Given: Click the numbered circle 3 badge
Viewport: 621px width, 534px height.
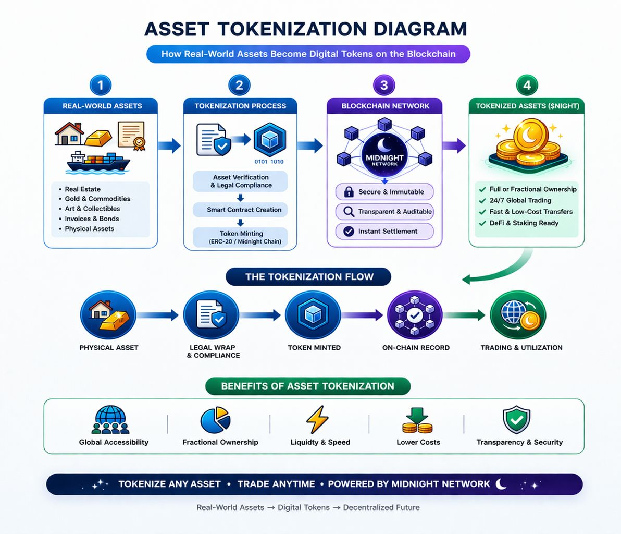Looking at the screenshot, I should (x=384, y=85).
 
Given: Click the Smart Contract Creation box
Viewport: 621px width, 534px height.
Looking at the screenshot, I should (x=240, y=210).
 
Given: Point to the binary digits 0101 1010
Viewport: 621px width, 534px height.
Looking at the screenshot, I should (x=269, y=162).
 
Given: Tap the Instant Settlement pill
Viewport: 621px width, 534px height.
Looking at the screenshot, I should (x=384, y=231).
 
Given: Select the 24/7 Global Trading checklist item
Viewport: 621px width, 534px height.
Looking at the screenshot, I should (x=520, y=200).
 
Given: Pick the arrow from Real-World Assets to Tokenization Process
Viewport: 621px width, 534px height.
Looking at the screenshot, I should (x=169, y=145).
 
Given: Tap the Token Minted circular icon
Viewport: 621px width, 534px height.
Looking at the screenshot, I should (x=314, y=315).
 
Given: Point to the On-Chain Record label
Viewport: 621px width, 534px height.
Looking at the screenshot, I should (x=416, y=348).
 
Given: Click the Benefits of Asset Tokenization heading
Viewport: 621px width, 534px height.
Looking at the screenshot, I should (x=307, y=386).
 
